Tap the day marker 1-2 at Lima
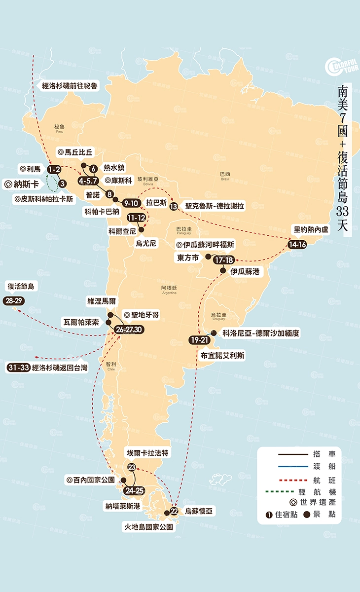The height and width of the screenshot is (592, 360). click(54, 170)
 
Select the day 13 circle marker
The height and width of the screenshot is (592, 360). click(173, 206)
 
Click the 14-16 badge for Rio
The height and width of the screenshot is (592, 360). click(298, 244)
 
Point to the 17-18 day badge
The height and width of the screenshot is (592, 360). click(223, 260)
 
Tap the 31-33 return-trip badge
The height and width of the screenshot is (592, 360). click(18, 368)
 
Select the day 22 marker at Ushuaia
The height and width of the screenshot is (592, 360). click(174, 511)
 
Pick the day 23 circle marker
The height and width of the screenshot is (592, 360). click(132, 467)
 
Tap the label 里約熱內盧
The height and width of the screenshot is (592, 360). click(307, 230)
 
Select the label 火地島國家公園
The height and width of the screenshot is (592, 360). click(148, 527)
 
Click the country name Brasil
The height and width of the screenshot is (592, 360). click(225, 180)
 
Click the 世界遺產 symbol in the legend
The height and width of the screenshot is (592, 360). click(293, 503)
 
